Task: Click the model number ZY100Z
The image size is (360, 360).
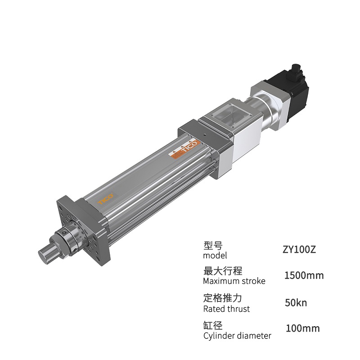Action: pos(299,250)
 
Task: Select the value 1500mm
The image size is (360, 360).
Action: pos(304,275)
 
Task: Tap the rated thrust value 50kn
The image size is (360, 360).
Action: pos(296,303)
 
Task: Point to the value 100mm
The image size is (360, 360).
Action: pos(303,328)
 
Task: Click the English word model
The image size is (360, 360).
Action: pos(215,255)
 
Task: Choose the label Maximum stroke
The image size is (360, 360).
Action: pos(234,281)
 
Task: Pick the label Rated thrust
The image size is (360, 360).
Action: pos(227,309)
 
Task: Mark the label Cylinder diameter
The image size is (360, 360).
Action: pos(237,336)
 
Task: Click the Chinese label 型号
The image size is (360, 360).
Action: pos(213,245)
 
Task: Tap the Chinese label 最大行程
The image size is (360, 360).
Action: pos(223,271)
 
